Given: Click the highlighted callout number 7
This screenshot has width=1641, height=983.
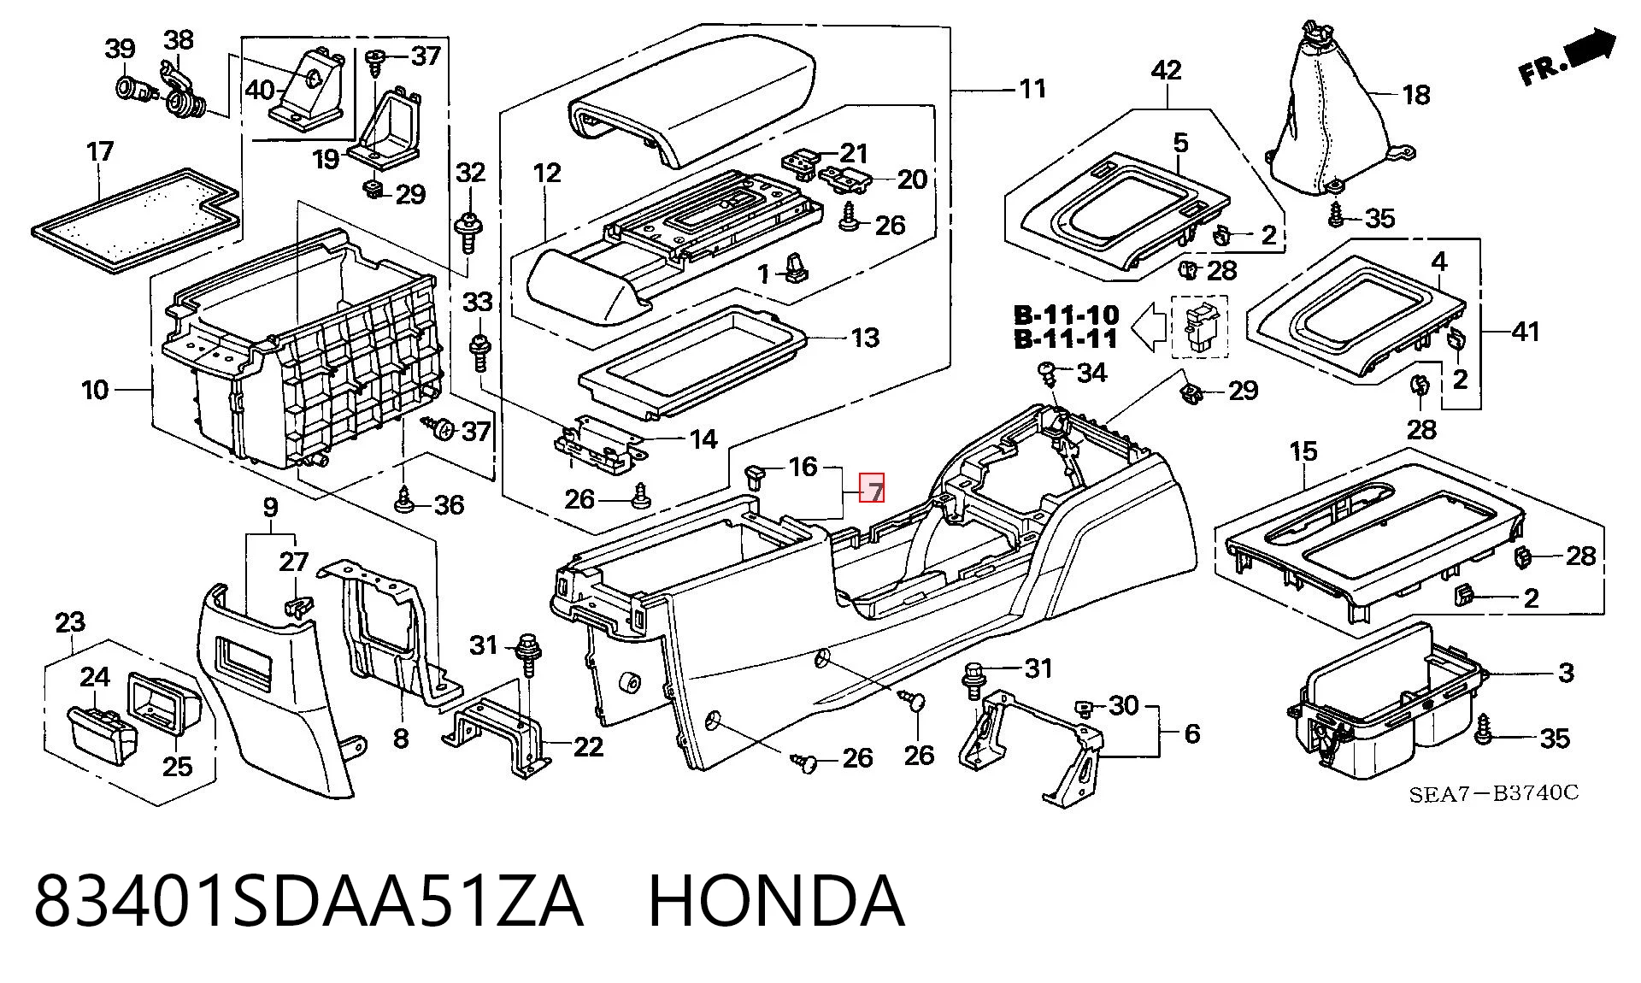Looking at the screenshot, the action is (873, 489).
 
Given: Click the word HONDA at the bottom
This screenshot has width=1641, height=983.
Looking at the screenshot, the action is (776, 902).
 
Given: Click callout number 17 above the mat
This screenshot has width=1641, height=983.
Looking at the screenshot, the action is (100, 152).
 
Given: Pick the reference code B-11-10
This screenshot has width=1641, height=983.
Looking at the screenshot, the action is (1066, 315).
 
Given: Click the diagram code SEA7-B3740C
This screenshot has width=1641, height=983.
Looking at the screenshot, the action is (1493, 794).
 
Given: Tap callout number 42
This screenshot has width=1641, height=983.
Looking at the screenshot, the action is (1167, 70).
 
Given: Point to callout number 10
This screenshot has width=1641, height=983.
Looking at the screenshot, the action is (95, 391).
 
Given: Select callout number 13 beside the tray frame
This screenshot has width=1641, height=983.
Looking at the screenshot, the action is (865, 338).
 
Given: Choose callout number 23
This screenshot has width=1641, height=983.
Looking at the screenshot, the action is (70, 622).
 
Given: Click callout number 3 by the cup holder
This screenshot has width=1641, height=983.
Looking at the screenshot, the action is (1566, 673).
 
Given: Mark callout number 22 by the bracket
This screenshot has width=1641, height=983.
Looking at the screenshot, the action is (588, 747).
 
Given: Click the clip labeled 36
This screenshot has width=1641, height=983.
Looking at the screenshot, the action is (404, 497).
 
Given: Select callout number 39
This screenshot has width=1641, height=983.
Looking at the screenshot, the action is (120, 49).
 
